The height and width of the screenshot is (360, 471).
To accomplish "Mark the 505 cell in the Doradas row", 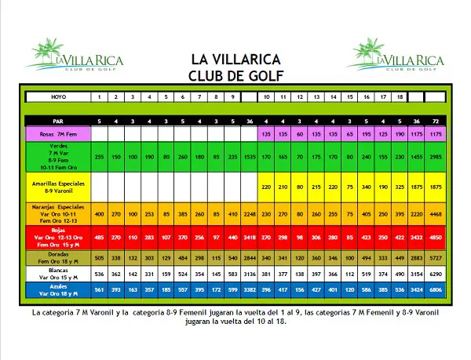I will coord(99,256).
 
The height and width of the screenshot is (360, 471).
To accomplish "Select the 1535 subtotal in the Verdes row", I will coord(250,158).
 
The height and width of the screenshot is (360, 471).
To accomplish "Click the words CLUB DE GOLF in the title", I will coord(236,75).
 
